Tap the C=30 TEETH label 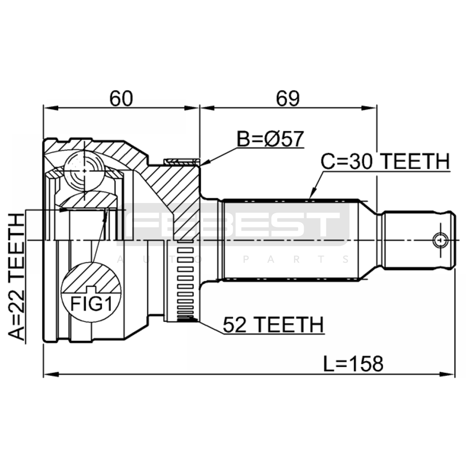click(x=385, y=162)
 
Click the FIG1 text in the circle click(x=91, y=304)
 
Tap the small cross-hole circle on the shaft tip click(x=440, y=240)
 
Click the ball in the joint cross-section click(x=84, y=171)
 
